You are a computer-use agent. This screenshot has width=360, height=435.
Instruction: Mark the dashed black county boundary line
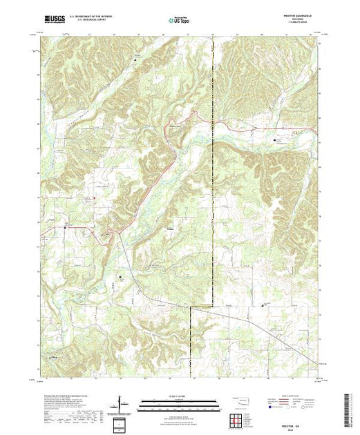click(x=213, y=207)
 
